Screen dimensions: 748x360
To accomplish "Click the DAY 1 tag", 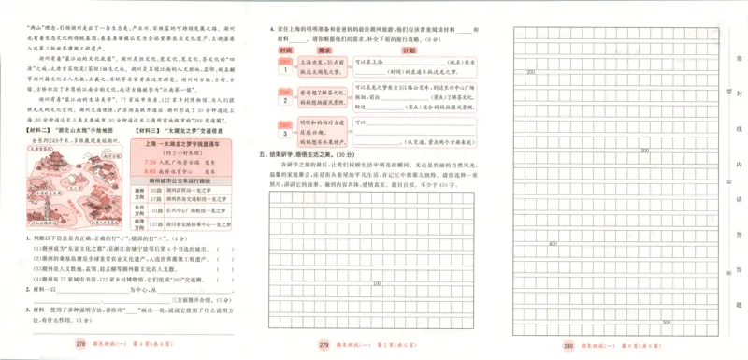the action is [x=283, y=65].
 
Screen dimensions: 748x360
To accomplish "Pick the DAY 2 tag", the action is [x=283, y=94].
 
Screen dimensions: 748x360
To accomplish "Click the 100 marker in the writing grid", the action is [x=378, y=283].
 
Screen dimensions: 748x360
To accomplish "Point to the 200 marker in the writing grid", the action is [x=530, y=71].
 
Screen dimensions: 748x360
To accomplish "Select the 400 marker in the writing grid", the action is [x=554, y=244].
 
